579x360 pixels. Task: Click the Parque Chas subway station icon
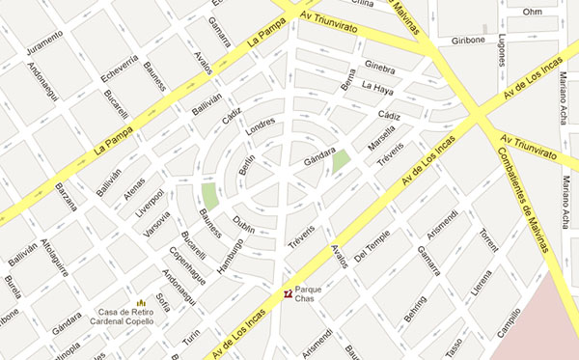point(287,292)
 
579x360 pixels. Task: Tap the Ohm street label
point(531,12)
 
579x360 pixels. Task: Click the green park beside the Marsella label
point(341,160)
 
